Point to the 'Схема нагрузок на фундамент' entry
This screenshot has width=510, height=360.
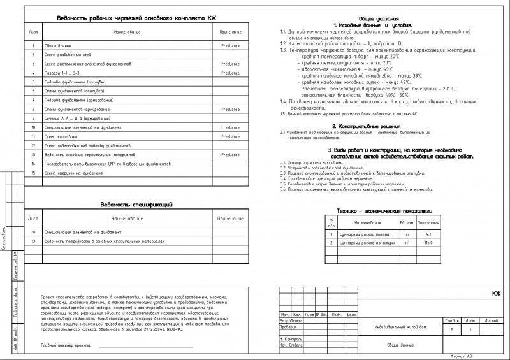73,173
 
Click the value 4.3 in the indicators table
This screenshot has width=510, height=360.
446,234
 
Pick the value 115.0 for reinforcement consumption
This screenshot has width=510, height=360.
446,243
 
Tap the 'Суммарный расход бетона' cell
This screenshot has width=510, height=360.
361,234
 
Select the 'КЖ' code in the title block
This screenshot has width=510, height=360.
496,294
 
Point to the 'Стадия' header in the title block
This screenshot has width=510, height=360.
453,320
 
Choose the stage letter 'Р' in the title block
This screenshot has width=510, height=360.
452,330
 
